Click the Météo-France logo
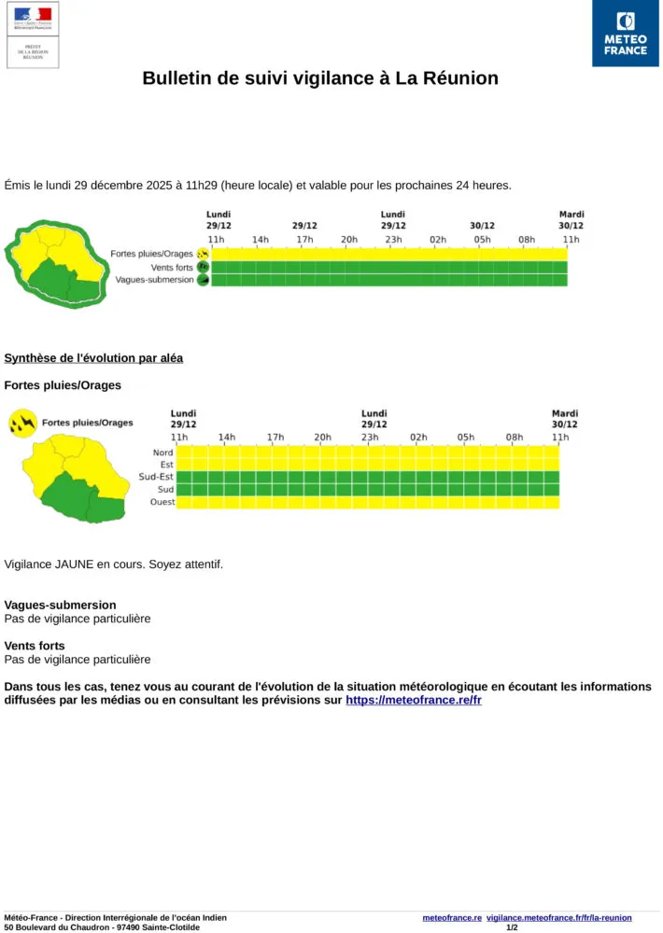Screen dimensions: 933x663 625,34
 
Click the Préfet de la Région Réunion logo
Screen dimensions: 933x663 33,35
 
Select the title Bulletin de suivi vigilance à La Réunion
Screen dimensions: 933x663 320,78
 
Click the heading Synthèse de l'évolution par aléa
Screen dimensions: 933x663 93,358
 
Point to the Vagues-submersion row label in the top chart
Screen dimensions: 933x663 154,280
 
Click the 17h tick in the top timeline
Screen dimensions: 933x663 304,240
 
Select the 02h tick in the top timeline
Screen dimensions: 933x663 438,240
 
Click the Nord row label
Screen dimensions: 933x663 162,453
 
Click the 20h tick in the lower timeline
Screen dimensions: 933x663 322,437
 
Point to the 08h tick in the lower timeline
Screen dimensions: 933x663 515,437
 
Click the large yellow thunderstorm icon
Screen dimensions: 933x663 22,424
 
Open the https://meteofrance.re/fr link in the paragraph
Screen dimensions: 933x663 414,700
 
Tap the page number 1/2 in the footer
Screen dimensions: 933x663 512,927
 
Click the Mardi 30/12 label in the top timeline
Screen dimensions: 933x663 571,220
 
